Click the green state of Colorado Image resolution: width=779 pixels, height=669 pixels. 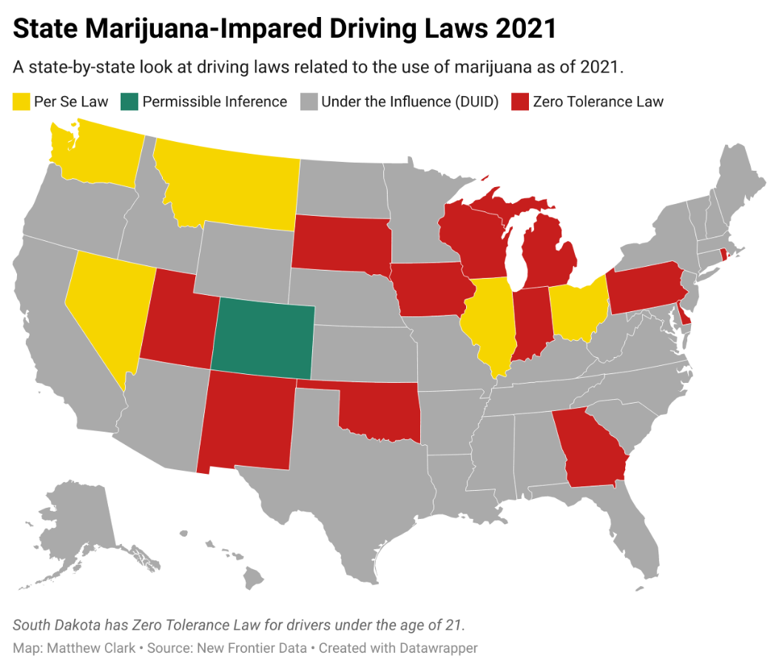pos(263,339)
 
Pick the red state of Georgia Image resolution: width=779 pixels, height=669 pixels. pos(592,451)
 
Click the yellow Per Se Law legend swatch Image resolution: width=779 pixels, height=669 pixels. pos(21,101)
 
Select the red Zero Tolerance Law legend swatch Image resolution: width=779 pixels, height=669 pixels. pos(520,101)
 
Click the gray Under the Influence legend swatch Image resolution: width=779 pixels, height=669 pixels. pos(308,101)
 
